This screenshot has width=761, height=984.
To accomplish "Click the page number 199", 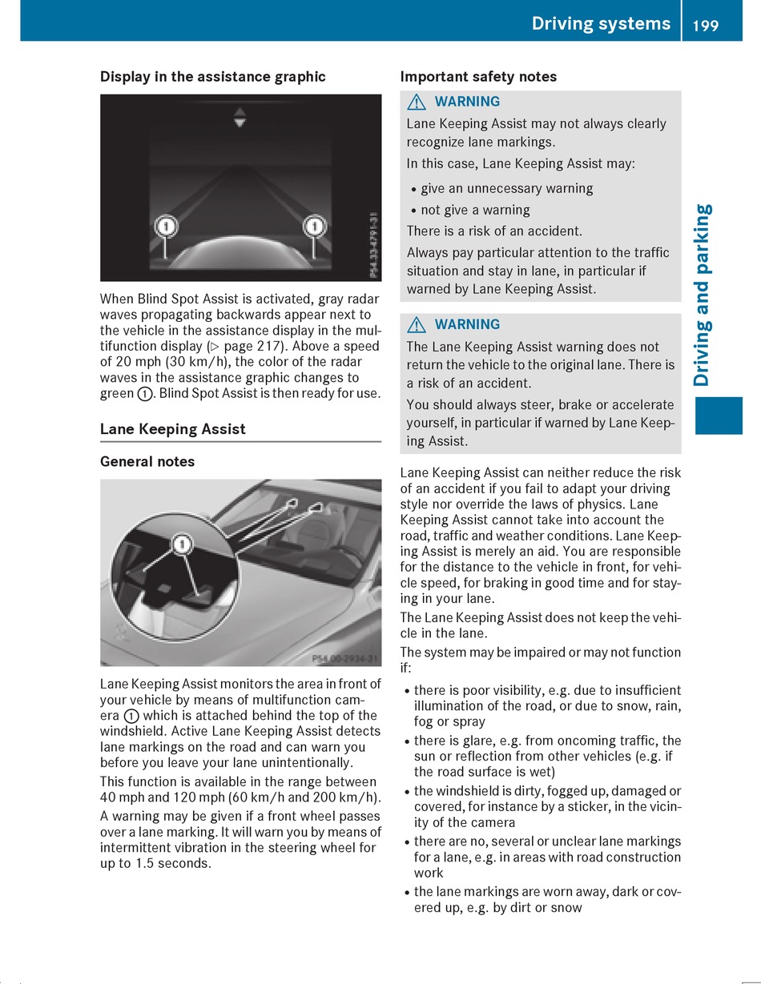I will pyautogui.click(x=706, y=25).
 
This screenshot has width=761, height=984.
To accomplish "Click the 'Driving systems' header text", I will pyautogui.click(x=601, y=24).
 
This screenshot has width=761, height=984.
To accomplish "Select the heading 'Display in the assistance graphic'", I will pyautogui.click(x=212, y=77).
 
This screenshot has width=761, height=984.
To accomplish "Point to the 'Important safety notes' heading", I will pyautogui.click(x=478, y=77).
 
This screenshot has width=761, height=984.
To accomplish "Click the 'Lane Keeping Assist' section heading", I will pyautogui.click(x=172, y=429).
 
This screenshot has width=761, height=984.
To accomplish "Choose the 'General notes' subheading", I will pyautogui.click(x=147, y=462).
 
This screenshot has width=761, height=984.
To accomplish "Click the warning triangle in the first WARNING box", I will pyautogui.click(x=416, y=102).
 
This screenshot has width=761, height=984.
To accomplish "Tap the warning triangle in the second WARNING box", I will pyautogui.click(x=416, y=325).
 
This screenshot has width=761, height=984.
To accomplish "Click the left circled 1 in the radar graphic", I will pyautogui.click(x=165, y=227).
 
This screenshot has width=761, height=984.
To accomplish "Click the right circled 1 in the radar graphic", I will pyautogui.click(x=314, y=227).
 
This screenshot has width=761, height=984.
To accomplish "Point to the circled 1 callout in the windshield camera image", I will pyautogui.click(x=183, y=545).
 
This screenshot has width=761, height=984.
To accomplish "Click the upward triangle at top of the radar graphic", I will pyautogui.click(x=240, y=110).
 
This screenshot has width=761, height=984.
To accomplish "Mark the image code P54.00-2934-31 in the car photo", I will pyautogui.click(x=344, y=658).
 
